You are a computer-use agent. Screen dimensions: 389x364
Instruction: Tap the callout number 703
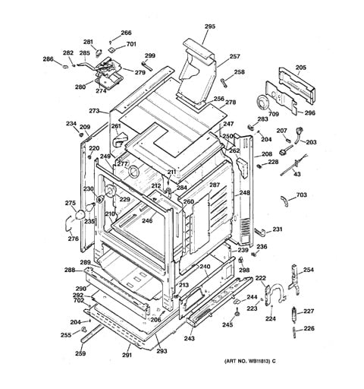tap(301, 195)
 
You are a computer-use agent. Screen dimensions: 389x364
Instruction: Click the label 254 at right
tap(308, 270)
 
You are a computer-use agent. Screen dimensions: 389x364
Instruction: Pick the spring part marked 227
tap(295, 314)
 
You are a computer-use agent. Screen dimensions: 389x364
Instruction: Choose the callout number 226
tap(308, 329)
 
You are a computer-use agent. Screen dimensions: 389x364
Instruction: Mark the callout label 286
tap(48, 59)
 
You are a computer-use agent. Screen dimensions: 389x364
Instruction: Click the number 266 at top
tap(125, 33)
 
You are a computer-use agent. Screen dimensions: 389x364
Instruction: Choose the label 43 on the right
tap(297, 176)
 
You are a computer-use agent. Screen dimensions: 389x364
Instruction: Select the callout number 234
tap(71, 123)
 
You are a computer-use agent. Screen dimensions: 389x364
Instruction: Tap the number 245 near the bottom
tap(227, 325)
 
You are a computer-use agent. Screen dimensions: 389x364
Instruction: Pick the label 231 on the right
tap(278, 229)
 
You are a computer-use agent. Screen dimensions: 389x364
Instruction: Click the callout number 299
tap(149, 55)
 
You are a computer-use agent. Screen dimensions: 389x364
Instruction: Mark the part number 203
tap(311, 142)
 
